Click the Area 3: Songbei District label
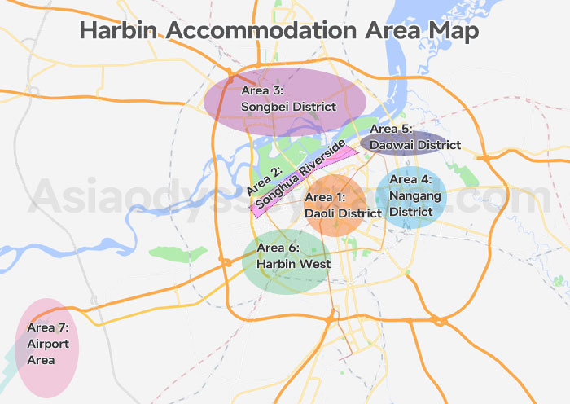[x=277, y=99]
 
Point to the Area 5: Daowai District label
[x=414, y=137]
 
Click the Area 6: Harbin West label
[x=292, y=256]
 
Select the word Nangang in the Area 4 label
[x=414, y=195]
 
